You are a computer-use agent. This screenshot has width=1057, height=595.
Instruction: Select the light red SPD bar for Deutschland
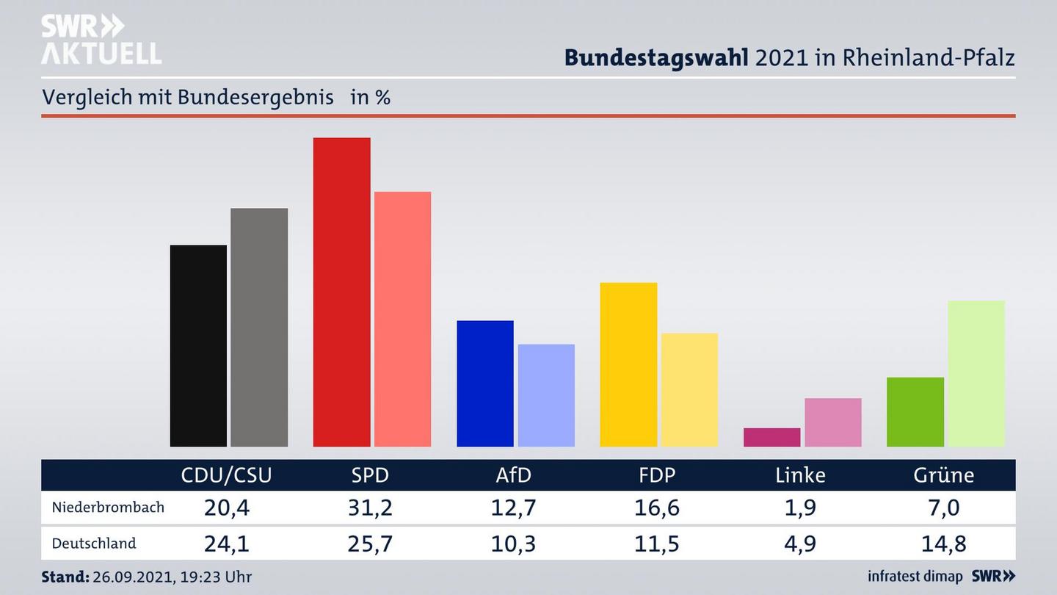point(402,319)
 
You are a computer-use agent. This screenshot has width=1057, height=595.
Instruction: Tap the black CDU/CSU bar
point(198,345)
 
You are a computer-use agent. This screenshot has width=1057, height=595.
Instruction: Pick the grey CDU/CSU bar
point(259,327)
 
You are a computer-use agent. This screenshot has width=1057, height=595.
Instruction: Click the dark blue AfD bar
point(485,383)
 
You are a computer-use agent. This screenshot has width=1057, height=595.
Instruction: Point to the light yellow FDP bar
point(689,389)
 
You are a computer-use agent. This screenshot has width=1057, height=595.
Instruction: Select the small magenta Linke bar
point(771,437)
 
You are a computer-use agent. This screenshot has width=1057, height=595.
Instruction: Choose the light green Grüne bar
point(976,373)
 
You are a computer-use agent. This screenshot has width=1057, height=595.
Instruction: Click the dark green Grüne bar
point(915,411)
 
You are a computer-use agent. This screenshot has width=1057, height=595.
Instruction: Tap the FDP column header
point(657,475)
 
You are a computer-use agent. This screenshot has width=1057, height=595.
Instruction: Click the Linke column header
point(800,475)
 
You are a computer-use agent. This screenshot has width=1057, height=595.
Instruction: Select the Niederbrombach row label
point(108,508)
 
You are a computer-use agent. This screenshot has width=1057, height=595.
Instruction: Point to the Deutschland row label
point(94,544)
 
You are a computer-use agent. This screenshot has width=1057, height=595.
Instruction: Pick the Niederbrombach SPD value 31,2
point(370,508)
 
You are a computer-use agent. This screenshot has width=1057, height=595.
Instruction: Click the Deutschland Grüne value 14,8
point(943,544)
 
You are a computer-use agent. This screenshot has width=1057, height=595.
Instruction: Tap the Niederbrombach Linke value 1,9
point(800,508)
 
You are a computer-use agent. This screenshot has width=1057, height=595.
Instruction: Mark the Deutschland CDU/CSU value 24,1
point(226,544)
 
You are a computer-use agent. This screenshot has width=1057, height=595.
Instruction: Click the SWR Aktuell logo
point(101,40)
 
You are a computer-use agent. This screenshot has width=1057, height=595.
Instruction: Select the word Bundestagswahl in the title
point(656,57)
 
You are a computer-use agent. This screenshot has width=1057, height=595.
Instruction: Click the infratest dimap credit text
point(915,577)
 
